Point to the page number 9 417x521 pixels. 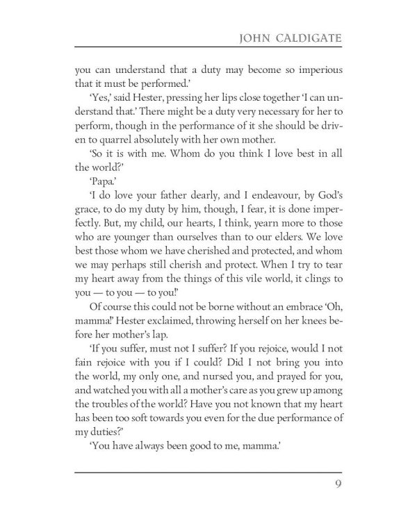click(337, 484)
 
